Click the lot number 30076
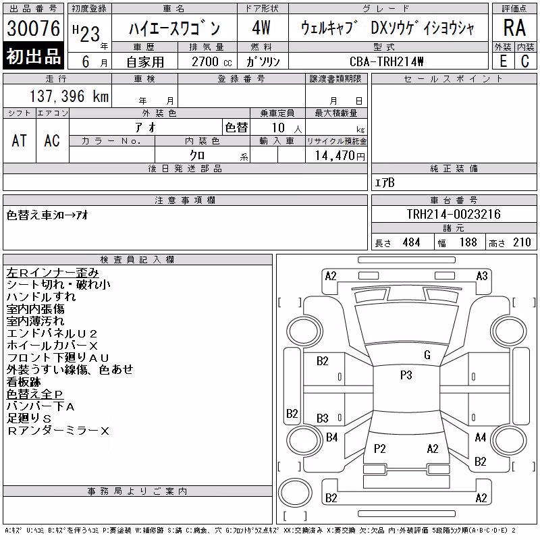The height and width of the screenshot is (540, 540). tap(33, 28)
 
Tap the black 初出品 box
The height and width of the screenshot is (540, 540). tap(33, 55)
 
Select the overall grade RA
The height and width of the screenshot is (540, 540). tap(514, 28)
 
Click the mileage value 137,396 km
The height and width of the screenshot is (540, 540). tap(69, 96)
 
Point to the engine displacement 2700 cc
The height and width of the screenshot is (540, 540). tap(211, 62)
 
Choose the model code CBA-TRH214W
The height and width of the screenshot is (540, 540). tap(386, 61)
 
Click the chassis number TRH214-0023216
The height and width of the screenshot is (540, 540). tap(454, 214)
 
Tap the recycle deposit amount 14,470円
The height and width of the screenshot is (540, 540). tap(340, 156)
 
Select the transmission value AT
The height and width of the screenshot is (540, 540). tap(20, 140)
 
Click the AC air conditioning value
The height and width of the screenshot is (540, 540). tap(52, 140)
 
